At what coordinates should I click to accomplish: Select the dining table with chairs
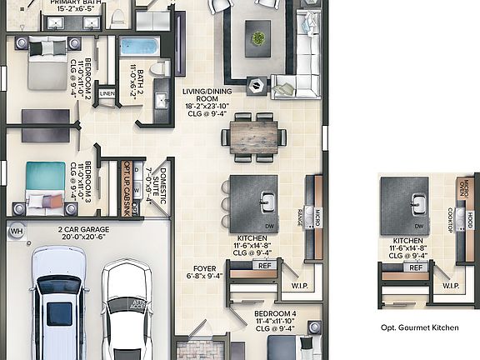(x=255, y=136)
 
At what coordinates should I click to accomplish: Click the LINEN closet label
(x=107, y=94)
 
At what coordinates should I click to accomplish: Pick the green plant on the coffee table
(x=258, y=37)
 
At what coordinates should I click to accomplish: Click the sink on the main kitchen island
(x=267, y=201)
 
